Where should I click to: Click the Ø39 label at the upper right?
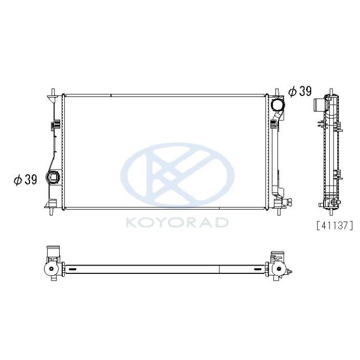(x=300, y=91)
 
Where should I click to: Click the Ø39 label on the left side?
(x=25, y=179)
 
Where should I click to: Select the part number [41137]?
(x=335, y=226)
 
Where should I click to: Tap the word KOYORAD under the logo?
(x=177, y=223)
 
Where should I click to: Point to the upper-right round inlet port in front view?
(x=278, y=105)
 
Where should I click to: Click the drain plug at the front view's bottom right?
(x=288, y=202)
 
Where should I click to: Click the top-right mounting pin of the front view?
(x=277, y=93)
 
